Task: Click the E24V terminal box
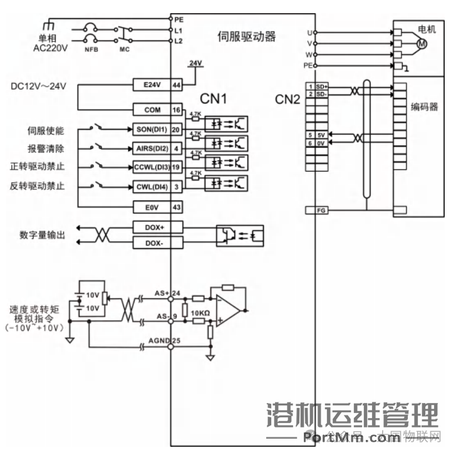tap(152, 85)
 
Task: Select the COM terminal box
tap(152, 110)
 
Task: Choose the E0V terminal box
tap(152, 207)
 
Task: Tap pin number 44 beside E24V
tap(177, 85)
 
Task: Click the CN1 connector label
tap(213, 98)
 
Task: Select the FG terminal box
tap(316, 210)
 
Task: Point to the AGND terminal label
tap(158, 340)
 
